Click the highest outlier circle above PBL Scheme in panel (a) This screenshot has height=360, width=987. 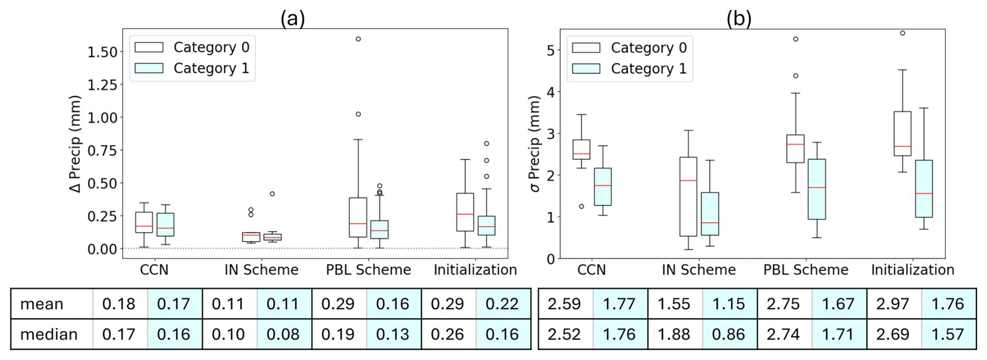coord(358,39)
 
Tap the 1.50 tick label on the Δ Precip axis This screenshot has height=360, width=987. coord(102,52)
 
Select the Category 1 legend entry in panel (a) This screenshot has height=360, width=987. coord(192,68)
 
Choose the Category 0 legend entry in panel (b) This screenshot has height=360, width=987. coord(629,48)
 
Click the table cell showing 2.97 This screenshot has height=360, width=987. coord(893,304)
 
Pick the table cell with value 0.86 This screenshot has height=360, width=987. coord(728,334)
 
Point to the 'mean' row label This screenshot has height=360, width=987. coord(42,304)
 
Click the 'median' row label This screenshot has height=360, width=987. coord(49,334)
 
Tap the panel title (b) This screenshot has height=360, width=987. coord(739,19)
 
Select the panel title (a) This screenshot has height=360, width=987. coord(292,19)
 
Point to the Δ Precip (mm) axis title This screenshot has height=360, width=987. coord(76,143)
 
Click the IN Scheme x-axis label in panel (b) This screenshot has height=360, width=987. coord(699,270)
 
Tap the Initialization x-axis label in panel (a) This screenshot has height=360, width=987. coord(475,270)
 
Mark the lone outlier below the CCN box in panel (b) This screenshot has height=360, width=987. coord(582,207)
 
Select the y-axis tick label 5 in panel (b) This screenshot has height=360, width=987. coord(551,51)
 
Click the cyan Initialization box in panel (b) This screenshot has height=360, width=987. coord(924,188)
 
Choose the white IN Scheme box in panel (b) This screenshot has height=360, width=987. coord(688,197)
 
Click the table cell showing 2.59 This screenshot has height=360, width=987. coord(564,304)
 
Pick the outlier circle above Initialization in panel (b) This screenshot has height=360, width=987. coord(902,33)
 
